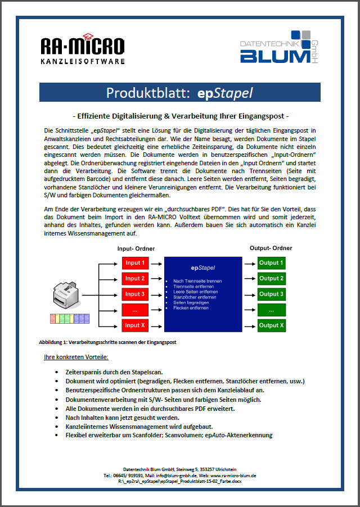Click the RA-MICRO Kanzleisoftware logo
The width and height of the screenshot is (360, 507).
[83, 50]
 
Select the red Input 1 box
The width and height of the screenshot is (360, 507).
[136, 262]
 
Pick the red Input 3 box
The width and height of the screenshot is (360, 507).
[136, 294]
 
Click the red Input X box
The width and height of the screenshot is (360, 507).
[136, 325]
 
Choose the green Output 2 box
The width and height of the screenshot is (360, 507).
[271, 278]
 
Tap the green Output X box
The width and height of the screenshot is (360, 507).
[271, 325]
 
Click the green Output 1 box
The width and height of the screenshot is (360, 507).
[271, 262]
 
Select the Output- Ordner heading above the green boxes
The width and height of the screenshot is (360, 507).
[271, 248]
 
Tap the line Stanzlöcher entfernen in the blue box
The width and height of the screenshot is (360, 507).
[194, 297]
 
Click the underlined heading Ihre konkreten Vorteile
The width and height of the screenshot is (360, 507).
[76, 357]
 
